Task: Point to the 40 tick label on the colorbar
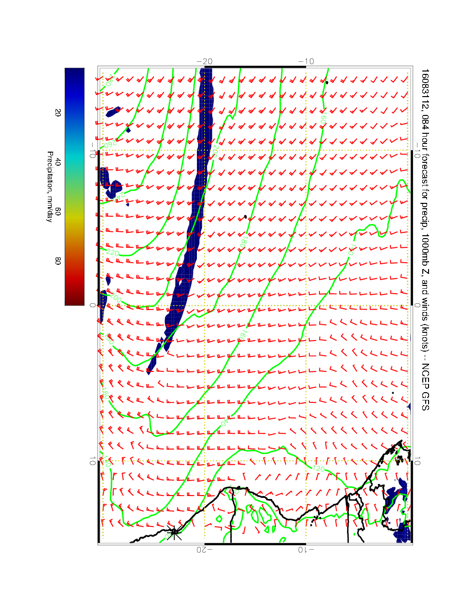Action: [58, 162]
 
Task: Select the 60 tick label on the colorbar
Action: [58, 211]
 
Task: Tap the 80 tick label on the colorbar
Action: [58, 261]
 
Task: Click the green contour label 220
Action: [112, 252]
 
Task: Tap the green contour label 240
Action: [117, 197]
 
